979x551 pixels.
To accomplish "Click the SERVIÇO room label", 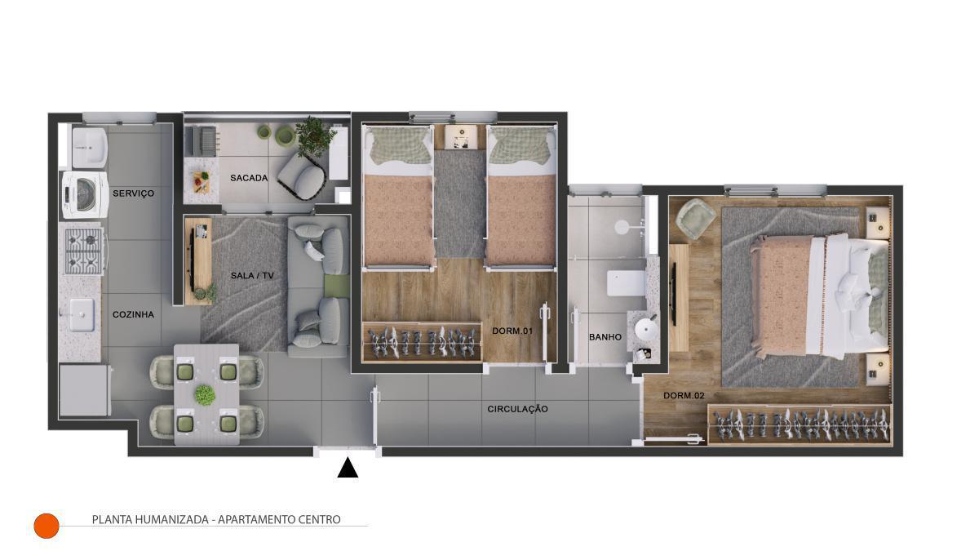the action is point(133,193).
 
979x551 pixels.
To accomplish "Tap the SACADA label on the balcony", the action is point(249,178).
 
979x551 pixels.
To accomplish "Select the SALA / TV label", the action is point(252,276).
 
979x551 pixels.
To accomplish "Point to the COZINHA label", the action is point(133,314).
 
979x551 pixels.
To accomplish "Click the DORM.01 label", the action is point(512,331).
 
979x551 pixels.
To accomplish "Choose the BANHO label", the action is point(605,337).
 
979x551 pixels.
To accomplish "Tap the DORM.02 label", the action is point(684,396).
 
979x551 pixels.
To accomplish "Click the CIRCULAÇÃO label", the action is point(517,409).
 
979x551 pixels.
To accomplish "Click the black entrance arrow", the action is point(348,468).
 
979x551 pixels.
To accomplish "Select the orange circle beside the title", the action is point(47,526).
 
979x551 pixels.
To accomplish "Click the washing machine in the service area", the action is point(85,194).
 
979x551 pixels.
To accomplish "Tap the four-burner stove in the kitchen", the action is point(84,251).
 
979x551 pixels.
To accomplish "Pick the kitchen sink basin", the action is point(82,314).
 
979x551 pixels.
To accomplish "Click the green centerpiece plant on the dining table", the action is point(205,395).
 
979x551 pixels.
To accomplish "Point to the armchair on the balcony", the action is point(302,176).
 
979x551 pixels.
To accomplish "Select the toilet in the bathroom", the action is point(627,283).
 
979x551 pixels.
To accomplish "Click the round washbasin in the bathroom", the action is point(646,329).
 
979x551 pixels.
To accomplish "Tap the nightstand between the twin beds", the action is point(461,137).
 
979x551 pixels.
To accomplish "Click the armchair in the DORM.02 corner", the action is point(695,219).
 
